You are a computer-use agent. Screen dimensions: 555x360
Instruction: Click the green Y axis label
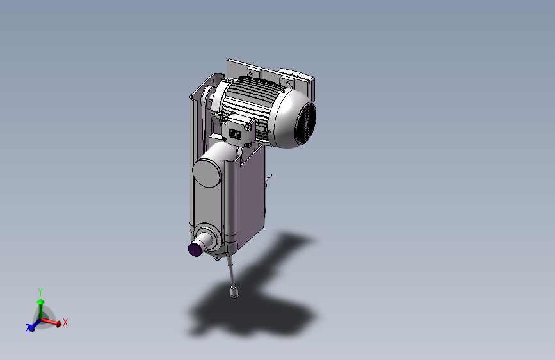tap(40, 292)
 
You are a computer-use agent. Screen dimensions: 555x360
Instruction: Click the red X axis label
tap(65, 322)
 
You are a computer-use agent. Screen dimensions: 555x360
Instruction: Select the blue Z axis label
tap(28, 328)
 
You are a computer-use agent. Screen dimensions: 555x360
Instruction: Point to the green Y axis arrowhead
tap(41, 302)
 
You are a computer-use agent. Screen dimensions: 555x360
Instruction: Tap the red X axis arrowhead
tap(59, 323)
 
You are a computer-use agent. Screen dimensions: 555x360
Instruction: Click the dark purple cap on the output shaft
tap(195, 249)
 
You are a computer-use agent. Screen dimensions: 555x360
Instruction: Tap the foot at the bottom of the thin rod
tap(234, 291)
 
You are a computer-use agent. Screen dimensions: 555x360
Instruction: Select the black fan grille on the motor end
tap(306, 123)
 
